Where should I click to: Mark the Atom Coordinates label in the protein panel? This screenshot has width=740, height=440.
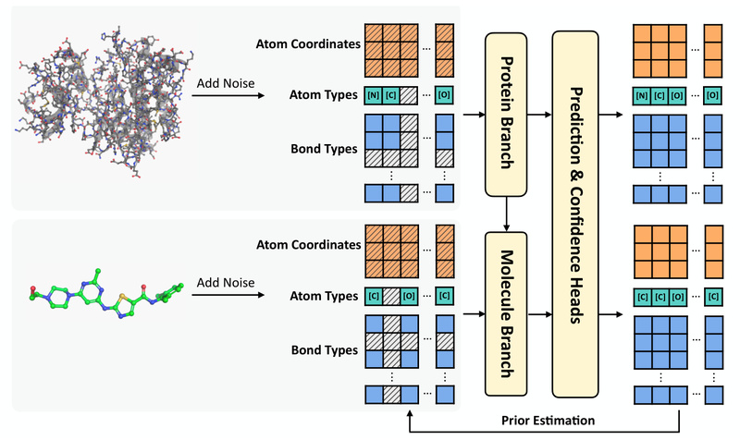click(310, 43)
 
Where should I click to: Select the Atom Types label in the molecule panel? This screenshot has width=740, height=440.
click(324, 298)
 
